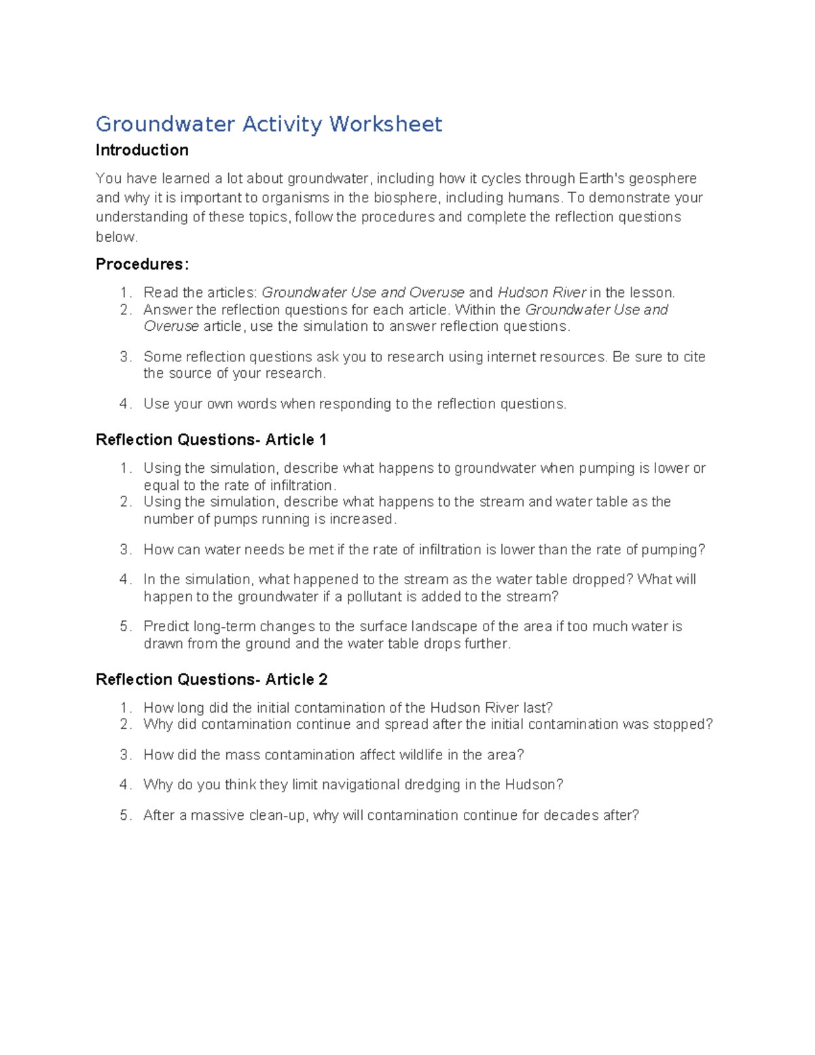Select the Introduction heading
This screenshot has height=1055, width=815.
coord(142,150)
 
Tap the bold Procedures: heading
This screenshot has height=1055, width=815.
coord(142,264)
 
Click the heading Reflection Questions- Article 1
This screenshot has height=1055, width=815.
coord(211,440)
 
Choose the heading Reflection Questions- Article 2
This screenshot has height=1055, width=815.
coord(211,680)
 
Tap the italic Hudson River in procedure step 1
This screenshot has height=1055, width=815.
coord(542,293)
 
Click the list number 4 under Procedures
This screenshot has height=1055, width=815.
coord(124,404)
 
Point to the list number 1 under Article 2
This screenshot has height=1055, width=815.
coord(124,708)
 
